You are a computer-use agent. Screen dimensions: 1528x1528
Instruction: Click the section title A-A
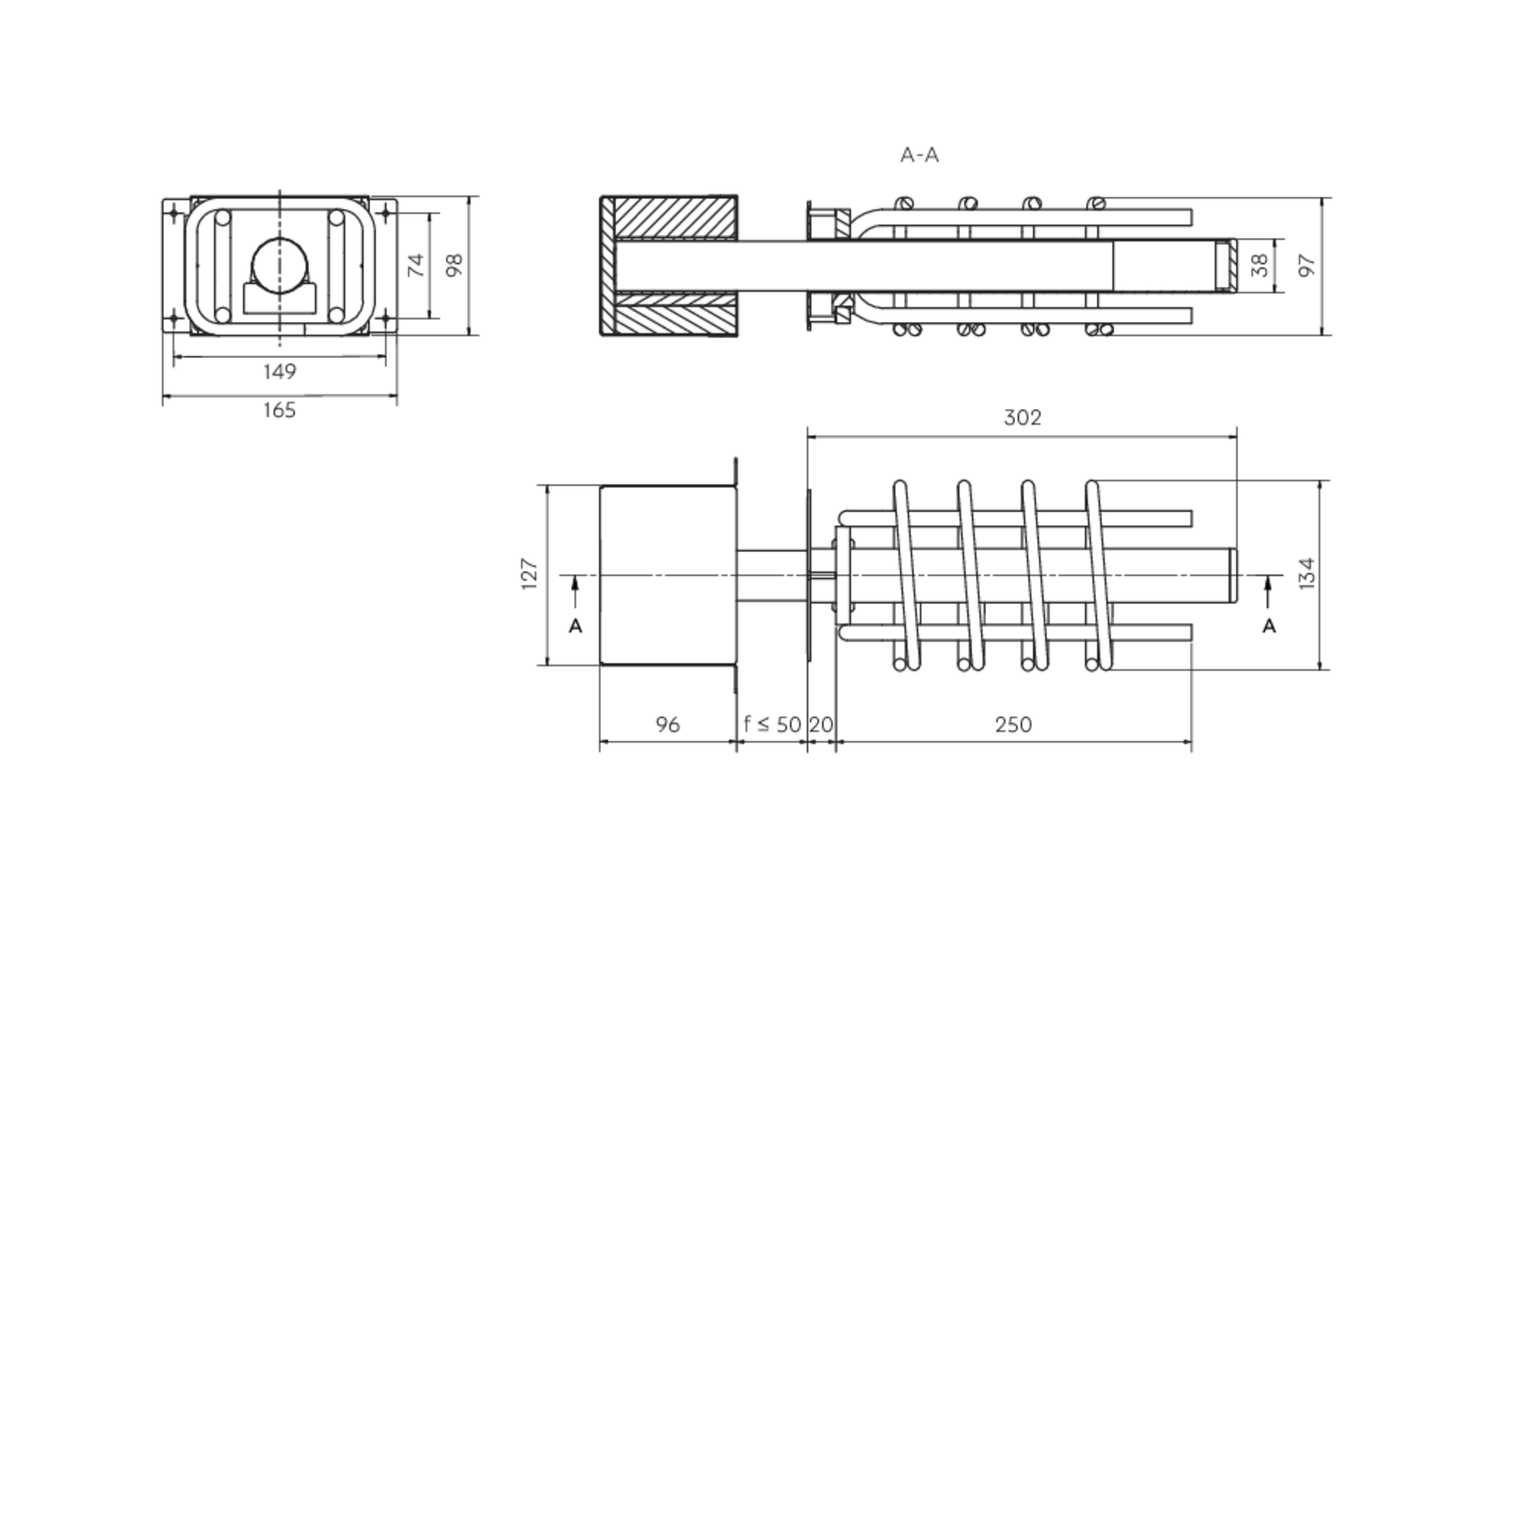tap(919, 155)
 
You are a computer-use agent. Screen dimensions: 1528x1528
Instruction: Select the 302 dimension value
tap(1023, 417)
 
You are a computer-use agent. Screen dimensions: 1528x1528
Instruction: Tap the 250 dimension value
tap(1013, 724)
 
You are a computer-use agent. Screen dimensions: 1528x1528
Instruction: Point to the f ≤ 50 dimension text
tap(772, 724)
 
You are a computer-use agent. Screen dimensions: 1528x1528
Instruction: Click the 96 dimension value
tap(668, 724)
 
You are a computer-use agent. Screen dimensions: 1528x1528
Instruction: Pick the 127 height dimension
tap(530, 574)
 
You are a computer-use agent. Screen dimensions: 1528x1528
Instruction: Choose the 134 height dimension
tap(1307, 574)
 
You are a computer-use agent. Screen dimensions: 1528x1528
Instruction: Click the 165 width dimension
tap(279, 410)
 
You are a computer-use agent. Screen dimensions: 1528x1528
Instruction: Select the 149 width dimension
tap(279, 371)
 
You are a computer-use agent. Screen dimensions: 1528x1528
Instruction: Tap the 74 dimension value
tap(416, 265)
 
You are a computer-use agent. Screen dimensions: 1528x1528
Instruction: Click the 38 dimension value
tap(1261, 265)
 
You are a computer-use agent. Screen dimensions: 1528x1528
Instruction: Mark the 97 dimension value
tap(1307, 265)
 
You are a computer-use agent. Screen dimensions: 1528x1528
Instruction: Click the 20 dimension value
tap(821, 724)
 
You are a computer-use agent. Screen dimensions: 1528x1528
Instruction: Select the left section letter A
tap(576, 626)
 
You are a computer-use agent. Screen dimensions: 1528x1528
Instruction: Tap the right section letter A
tap(1269, 626)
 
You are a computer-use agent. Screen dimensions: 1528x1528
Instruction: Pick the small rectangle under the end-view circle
tap(279, 299)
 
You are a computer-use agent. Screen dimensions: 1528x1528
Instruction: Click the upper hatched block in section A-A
tap(676, 219)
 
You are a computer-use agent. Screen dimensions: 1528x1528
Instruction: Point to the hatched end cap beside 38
tap(1225, 266)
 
